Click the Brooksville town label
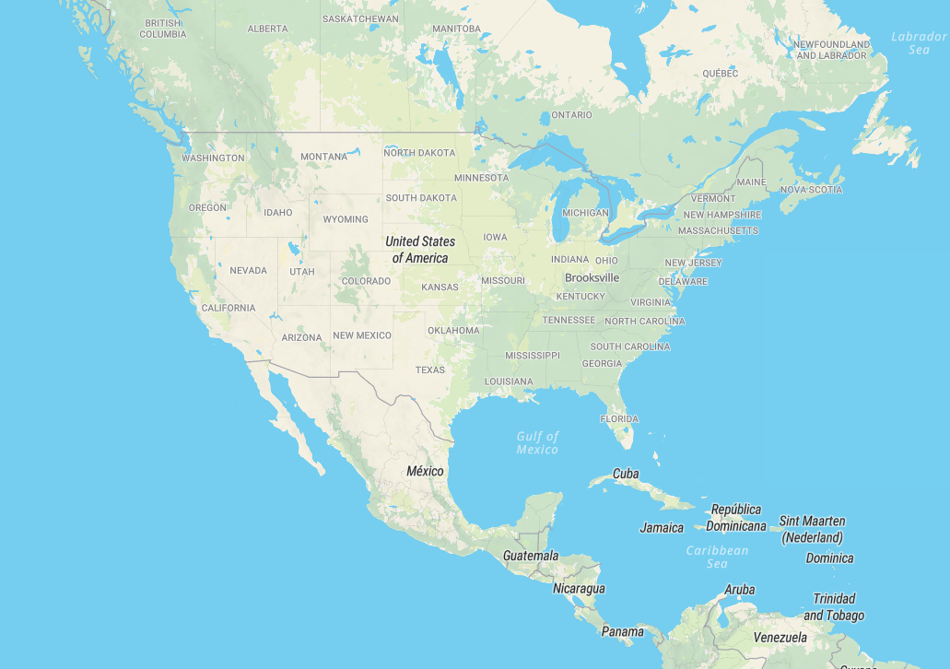(x=592, y=277)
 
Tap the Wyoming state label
(x=346, y=219)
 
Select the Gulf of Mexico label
(x=537, y=442)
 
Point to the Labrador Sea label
(x=919, y=43)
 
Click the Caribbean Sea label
(x=717, y=557)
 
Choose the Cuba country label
(x=626, y=474)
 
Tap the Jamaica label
(x=662, y=528)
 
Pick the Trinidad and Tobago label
(x=834, y=606)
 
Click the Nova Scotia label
(x=811, y=190)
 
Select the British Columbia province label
(x=163, y=29)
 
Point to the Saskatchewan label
(x=360, y=18)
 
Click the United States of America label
(x=420, y=250)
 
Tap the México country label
(x=425, y=471)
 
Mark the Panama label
(x=623, y=631)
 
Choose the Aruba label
(x=739, y=590)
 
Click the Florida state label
(x=619, y=418)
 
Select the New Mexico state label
(x=362, y=335)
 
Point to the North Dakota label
(x=419, y=152)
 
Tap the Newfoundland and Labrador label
(x=831, y=50)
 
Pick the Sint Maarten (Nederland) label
(x=812, y=529)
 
